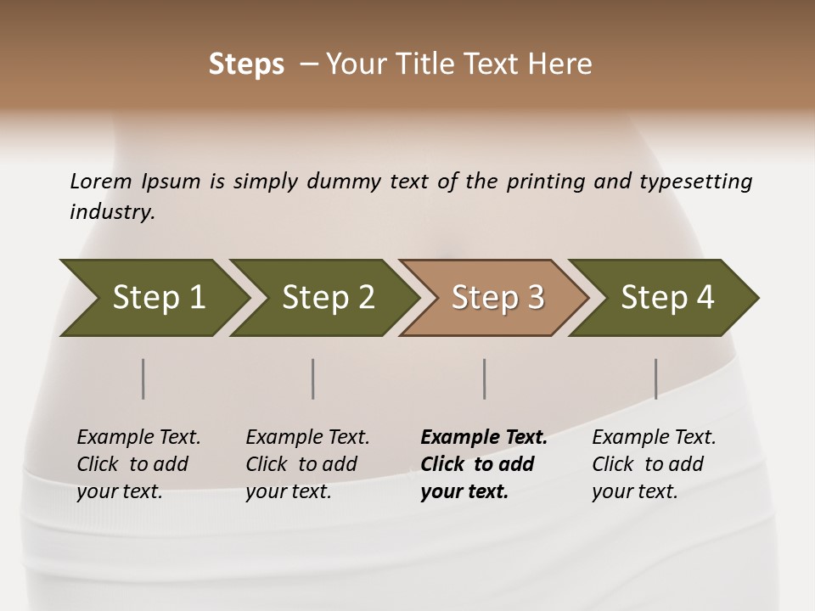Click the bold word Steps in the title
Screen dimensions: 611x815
(x=246, y=64)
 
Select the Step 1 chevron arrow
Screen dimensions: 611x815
(x=153, y=298)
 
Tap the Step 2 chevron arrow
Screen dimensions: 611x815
(x=327, y=298)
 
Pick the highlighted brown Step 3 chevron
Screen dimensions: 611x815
(x=497, y=298)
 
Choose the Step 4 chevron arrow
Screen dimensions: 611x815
(x=666, y=298)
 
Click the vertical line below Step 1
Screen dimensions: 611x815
(x=143, y=378)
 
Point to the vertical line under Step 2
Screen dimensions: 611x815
(x=313, y=378)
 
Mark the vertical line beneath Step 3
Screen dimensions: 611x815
(x=485, y=378)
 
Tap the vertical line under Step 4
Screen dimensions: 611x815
(x=655, y=378)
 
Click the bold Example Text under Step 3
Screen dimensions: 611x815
(x=484, y=437)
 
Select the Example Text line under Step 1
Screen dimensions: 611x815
(x=138, y=437)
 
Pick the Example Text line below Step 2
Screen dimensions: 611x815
(x=307, y=437)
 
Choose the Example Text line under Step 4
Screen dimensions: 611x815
(x=654, y=437)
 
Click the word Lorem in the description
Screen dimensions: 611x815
(x=100, y=182)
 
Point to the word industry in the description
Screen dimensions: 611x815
(x=112, y=211)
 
